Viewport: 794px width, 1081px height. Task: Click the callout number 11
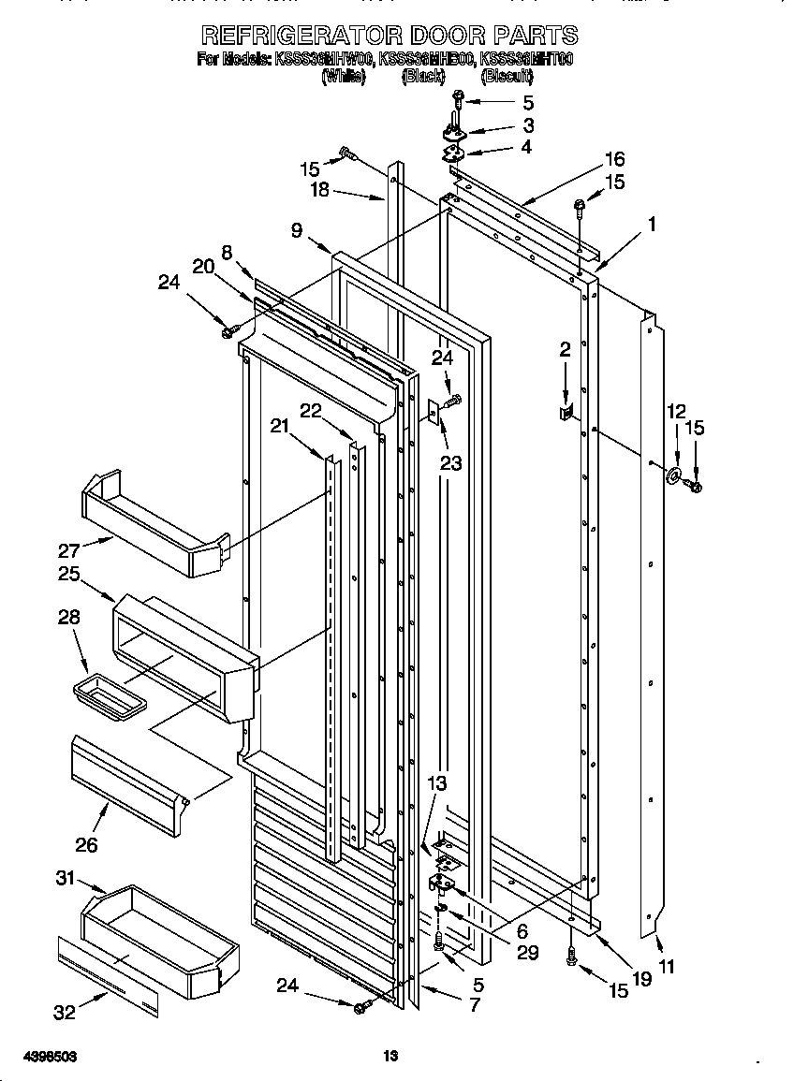click(x=666, y=967)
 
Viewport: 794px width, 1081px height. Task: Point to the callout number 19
click(x=640, y=980)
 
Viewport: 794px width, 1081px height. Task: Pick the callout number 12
click(x=676, y=411)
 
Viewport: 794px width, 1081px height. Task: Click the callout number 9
click(x=297, y=231)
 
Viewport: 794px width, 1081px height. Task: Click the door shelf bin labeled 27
click(x=154, y=524)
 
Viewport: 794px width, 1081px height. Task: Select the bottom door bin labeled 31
click(x=159, y=941)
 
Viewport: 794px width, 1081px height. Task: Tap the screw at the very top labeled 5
click(x=459, y=97)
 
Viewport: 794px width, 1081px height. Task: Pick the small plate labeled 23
click(x=434, y=411)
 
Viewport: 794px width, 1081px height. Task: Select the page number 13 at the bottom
click(x=391, y=1057)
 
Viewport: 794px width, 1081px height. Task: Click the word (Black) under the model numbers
click(x=422, y=78)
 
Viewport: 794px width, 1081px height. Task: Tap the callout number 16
click(x=613, y=159)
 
